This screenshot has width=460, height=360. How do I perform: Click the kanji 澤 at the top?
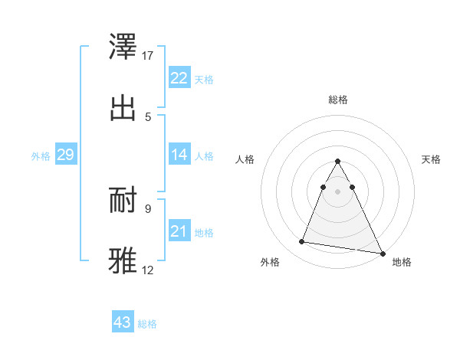124,47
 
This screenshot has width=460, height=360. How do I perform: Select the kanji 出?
124,108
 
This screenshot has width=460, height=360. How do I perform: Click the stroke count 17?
148,56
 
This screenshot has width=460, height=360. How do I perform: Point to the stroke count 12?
148,270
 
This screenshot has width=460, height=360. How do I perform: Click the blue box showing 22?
179,78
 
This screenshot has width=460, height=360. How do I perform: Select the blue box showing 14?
179,155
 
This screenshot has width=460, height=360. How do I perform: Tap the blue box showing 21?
179,231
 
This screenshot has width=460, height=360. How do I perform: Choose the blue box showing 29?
65,155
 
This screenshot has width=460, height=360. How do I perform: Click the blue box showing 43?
123,322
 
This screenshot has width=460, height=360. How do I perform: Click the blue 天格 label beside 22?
204,80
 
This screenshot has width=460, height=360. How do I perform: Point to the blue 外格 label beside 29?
41,156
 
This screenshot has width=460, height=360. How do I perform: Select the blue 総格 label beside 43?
147,324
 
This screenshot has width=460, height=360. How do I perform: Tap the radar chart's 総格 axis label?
337,100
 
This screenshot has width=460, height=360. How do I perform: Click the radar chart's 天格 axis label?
431,159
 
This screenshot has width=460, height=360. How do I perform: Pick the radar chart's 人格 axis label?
245,159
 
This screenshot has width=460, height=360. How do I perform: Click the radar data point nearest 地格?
382,253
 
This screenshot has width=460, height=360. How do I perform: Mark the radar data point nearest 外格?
302,242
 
